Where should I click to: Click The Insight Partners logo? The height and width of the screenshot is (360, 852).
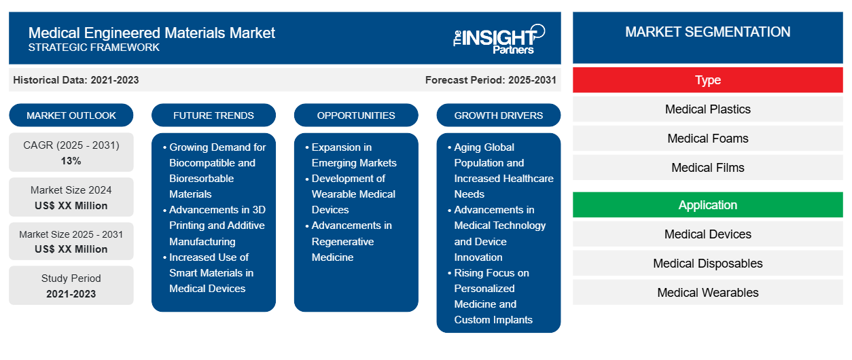pos(499,39)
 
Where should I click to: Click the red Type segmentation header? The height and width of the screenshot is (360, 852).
pos(707,80)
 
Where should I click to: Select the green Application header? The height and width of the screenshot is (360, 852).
pos(707,205)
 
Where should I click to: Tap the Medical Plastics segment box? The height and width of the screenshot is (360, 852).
pos(707,109)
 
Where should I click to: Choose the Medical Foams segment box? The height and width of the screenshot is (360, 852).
pos(707,139)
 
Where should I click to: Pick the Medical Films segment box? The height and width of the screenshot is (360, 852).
pos(707,167)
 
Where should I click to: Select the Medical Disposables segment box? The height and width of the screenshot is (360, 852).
pos(707,263)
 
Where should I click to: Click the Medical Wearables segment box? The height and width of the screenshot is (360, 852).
pos(707,292)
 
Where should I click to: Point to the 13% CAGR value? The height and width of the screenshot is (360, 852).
pos(71,161)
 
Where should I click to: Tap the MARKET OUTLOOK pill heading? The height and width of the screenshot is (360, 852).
pos(71,115)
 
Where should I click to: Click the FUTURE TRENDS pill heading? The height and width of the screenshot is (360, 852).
pos(213,115)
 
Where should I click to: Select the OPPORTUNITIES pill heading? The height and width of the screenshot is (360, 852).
pos(356,115)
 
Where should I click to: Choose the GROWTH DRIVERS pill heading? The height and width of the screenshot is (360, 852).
pos(498,115)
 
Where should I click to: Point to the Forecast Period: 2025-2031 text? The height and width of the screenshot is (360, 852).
pos(491,80)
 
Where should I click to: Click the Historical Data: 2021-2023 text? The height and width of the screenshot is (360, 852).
pos(76,80)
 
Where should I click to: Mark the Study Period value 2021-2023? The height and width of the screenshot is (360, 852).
pos(71,294)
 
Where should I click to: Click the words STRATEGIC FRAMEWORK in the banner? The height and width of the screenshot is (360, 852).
pos(94,48)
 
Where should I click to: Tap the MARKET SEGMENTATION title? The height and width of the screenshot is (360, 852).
pos(707,32)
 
